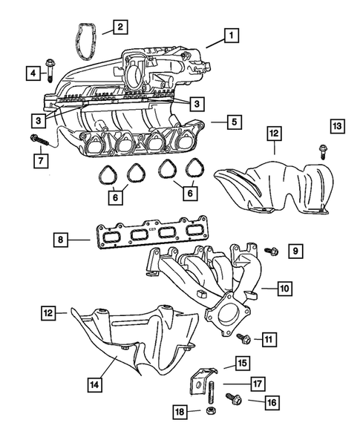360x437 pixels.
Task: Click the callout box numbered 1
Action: pos(232,35)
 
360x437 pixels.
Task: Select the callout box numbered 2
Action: pos(120,28)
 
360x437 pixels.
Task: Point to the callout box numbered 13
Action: pos(337,128)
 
